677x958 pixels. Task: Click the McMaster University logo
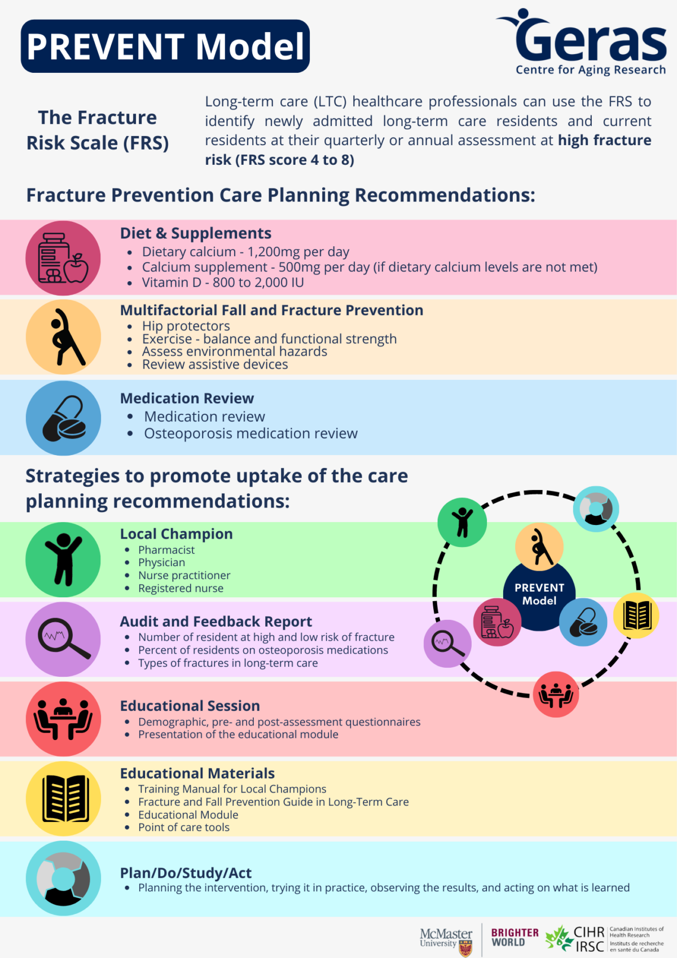point(446,939)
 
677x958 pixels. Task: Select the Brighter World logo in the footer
point(515,937)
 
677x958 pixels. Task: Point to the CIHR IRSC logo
point(604,938)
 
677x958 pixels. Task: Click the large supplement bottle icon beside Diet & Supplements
point(63,258)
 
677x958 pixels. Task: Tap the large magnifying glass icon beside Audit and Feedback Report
point(63,639)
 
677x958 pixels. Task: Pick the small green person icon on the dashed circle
point(462,522)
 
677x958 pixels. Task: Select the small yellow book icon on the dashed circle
point(636,615)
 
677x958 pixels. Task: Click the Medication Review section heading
point(187,399)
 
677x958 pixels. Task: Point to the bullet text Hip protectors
point(186,326)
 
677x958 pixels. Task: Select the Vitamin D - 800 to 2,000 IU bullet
point(223,282)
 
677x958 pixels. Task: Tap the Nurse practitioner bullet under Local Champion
point(184,575)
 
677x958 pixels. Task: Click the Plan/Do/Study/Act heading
point(186,873)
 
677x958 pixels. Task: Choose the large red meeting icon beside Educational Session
point(63,719)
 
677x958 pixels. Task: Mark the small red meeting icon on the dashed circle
point(556,694)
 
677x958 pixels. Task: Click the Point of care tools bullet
point(184,827)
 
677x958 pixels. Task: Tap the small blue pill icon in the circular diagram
point(583,622)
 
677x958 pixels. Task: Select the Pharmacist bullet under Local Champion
point(166,550)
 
